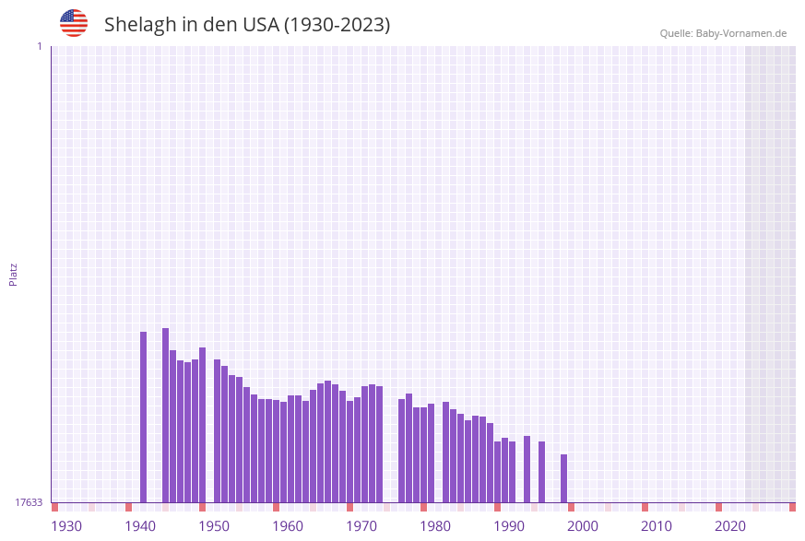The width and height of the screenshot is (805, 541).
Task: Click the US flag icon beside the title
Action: [74, 23]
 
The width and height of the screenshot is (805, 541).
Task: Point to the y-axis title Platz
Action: [14, 274]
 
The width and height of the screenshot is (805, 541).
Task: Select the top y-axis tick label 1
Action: [39, 46]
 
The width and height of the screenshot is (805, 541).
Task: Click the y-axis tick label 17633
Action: [29, 502]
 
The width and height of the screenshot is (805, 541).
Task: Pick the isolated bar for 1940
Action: [144, 417]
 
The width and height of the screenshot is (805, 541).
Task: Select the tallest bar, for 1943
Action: [166, 415]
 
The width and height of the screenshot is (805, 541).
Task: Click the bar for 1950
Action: [218, 430]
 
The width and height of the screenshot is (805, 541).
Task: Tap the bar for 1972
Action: [380, 444]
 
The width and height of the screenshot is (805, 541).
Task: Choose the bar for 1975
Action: [402, 451]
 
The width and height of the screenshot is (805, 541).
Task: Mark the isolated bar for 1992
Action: [527, 469]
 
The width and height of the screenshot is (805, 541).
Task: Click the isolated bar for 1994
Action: [542, 472]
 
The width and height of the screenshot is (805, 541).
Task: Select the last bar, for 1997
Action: [564, 478]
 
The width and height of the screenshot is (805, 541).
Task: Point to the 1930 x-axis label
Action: [66, 526]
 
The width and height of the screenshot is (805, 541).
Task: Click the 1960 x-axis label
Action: [288, 526]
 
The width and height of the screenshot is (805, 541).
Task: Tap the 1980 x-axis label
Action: [435, 526]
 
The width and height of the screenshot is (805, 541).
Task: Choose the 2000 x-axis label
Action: [583, 526]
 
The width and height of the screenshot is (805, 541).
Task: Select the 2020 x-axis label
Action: [730, 526]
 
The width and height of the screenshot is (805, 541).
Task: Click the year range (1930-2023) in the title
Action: [337, 25]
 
